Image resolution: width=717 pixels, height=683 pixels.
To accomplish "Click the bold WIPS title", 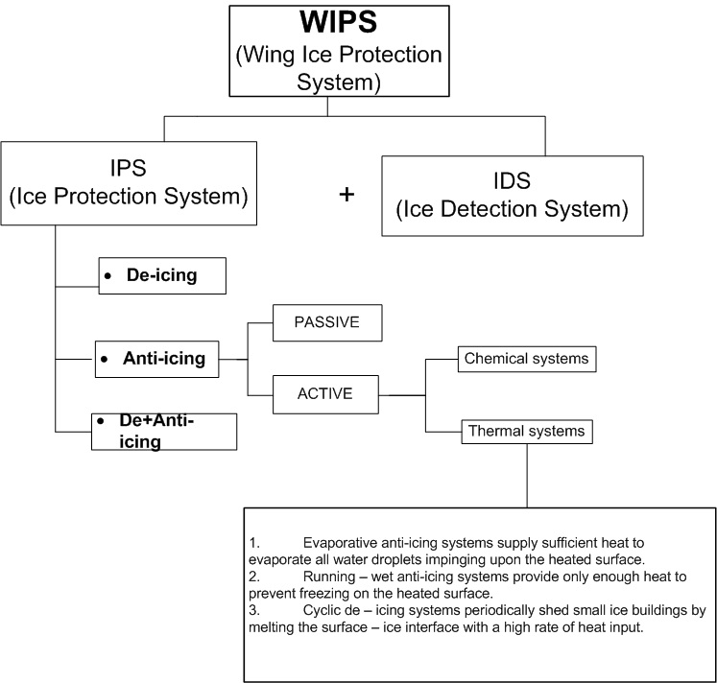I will coord(327,20).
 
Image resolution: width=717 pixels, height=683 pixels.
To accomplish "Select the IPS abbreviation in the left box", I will coord(129,169).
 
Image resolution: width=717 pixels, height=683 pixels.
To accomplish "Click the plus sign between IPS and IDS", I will coord(347,195).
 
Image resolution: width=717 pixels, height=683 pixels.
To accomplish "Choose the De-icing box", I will coord(161,275).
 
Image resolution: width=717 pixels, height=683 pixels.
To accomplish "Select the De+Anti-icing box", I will coord(163,432).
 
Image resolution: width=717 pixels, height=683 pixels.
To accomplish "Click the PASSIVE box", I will coord(326,322).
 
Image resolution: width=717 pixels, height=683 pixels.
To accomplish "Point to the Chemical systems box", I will coord(525,359).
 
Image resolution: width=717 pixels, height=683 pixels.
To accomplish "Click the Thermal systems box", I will coord(525,431).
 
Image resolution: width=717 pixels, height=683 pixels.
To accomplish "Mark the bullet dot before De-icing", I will coord(108,276).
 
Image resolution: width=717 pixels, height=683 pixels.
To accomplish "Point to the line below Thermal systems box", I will coord(526,475).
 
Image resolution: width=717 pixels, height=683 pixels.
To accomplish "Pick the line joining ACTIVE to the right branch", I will coord(401,394).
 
